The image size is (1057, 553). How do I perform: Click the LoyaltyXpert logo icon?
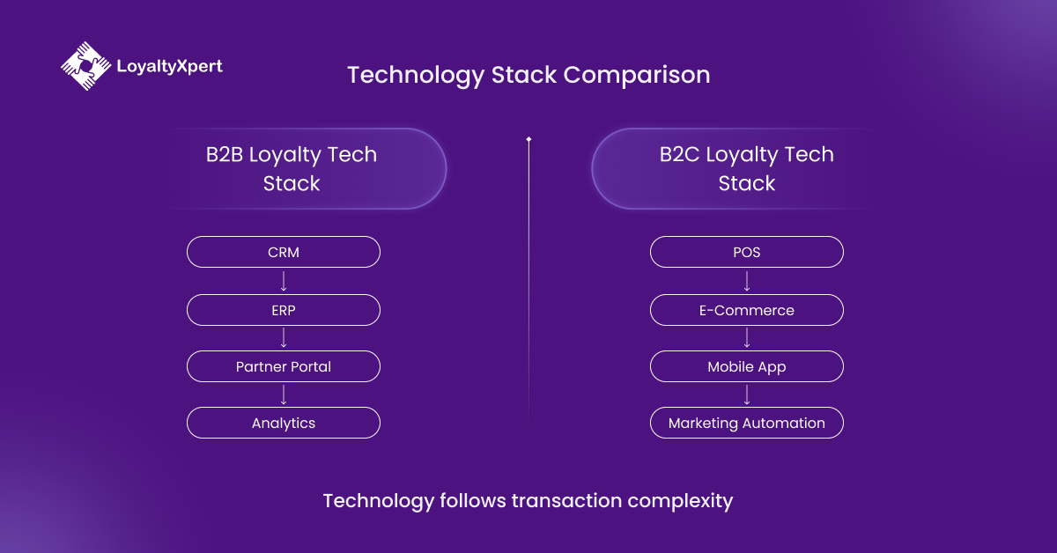click(85, 66)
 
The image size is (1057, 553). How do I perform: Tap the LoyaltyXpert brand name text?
click(169, 66)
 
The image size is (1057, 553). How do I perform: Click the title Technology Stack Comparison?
click(528, 75)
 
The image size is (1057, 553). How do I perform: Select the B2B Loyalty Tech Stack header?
click(292, 169)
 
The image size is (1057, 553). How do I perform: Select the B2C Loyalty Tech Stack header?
click(746, 169)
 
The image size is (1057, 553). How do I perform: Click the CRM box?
click(284, 252)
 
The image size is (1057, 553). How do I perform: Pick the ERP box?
click(284, 310)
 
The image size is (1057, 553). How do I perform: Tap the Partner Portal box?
click(284, 366)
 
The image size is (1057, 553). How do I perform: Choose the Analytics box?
click(284, 423)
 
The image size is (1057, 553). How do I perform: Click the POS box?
click(747, 252)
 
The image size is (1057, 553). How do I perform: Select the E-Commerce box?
click(747, 310)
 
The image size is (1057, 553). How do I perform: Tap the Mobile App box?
click(747, 366)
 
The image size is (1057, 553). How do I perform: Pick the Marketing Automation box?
click(747, 423)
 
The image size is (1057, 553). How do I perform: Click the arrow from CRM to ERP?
click(284, 281)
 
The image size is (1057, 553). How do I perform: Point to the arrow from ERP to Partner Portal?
click(284, 338)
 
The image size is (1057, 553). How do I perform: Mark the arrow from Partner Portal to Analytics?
click(284, 394)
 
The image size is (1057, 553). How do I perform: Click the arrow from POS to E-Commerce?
click(747, 281)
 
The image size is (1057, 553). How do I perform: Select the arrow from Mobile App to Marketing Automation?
click(747, 394)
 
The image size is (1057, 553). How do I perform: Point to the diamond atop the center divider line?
click(528, 139)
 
